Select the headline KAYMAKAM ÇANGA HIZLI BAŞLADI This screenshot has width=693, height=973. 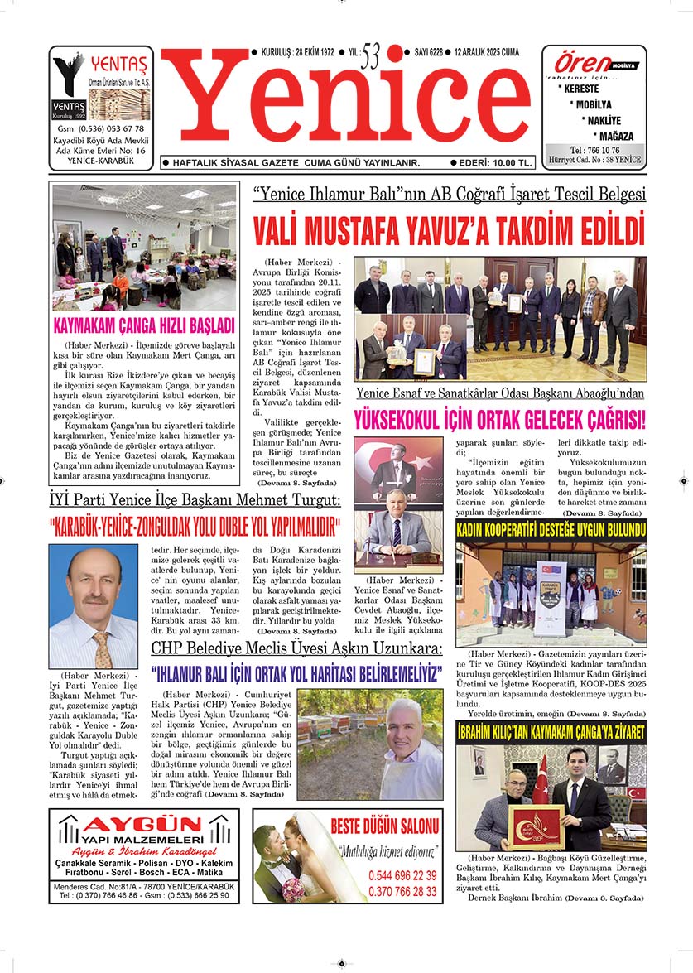pyautogui.click(x=144, y=325)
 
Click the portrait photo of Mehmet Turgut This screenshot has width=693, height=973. pyautogui.click(x=94, y=606)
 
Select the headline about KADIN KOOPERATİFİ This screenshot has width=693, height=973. pyautogui.click(x=551, y=528)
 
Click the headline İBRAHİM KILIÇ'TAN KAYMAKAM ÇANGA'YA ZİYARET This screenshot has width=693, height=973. pyautogui.click(x=551, y=731)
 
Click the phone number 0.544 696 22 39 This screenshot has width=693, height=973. pyautogui.click(x=402, y=875)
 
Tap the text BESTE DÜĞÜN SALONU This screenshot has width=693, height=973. pyautogui.click(x=383, y=826)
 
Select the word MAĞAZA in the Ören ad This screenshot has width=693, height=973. pyautogui.click(x=613, y=136)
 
